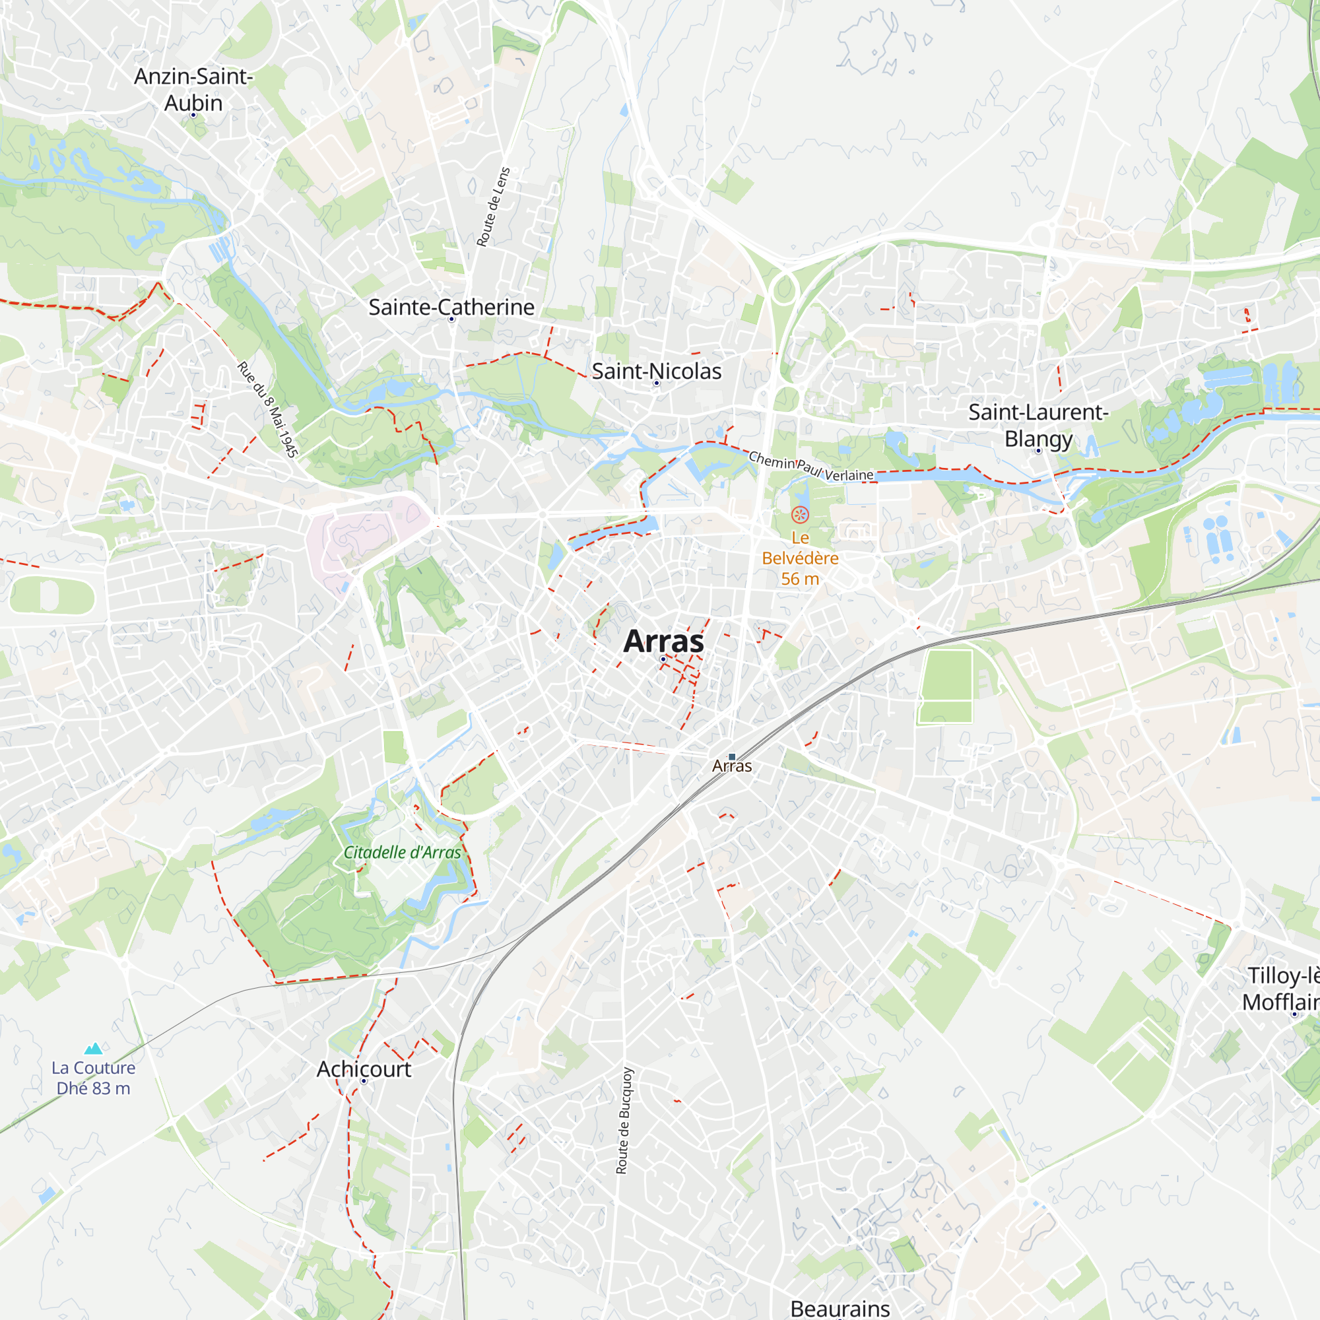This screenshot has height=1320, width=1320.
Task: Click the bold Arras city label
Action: pos(663,642)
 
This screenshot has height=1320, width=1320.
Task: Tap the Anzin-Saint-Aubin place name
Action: pos(193,90)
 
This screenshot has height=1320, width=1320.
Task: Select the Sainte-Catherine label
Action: pos(451,308)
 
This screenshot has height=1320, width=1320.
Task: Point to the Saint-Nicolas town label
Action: pos(656,371)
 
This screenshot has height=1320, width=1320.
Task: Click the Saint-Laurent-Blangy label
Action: pos(1038,425)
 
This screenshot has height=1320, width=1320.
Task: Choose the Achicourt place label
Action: pos(364,1069)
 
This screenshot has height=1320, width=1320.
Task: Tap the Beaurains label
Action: pos(840,1307)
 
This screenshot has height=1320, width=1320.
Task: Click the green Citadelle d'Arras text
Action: pos(402,853)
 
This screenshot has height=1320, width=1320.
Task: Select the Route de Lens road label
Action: pos(493,207)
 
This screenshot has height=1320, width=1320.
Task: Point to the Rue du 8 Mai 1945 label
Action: pos(268,409)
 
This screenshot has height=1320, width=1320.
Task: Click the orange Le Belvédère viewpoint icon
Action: pos(799,515)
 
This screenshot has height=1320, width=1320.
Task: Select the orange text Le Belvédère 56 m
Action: pos(800,558)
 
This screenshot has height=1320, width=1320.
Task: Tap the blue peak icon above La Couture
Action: pos(93,1048)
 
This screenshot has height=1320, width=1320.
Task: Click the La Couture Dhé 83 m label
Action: pos(94,1078)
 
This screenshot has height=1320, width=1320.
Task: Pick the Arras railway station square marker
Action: pos(732,757)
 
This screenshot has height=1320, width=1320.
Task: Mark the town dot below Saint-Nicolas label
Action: pos(657,383)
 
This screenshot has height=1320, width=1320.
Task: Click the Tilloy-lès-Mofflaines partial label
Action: pos(1282,989)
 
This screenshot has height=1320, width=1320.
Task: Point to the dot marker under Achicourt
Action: pos(364,1081)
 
